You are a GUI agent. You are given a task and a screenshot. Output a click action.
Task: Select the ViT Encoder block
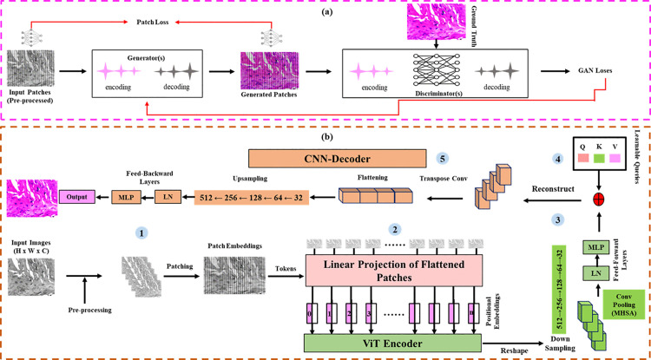click(x=392, y=344)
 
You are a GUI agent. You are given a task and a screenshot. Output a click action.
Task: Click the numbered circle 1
click(x=142, y=234)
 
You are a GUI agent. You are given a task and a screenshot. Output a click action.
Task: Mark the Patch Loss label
click(x=153, y=22)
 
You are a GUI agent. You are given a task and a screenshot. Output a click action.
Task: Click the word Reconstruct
click(x=554, y=189)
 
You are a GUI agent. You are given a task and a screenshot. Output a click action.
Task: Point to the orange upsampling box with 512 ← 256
click(x=253, y=196)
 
